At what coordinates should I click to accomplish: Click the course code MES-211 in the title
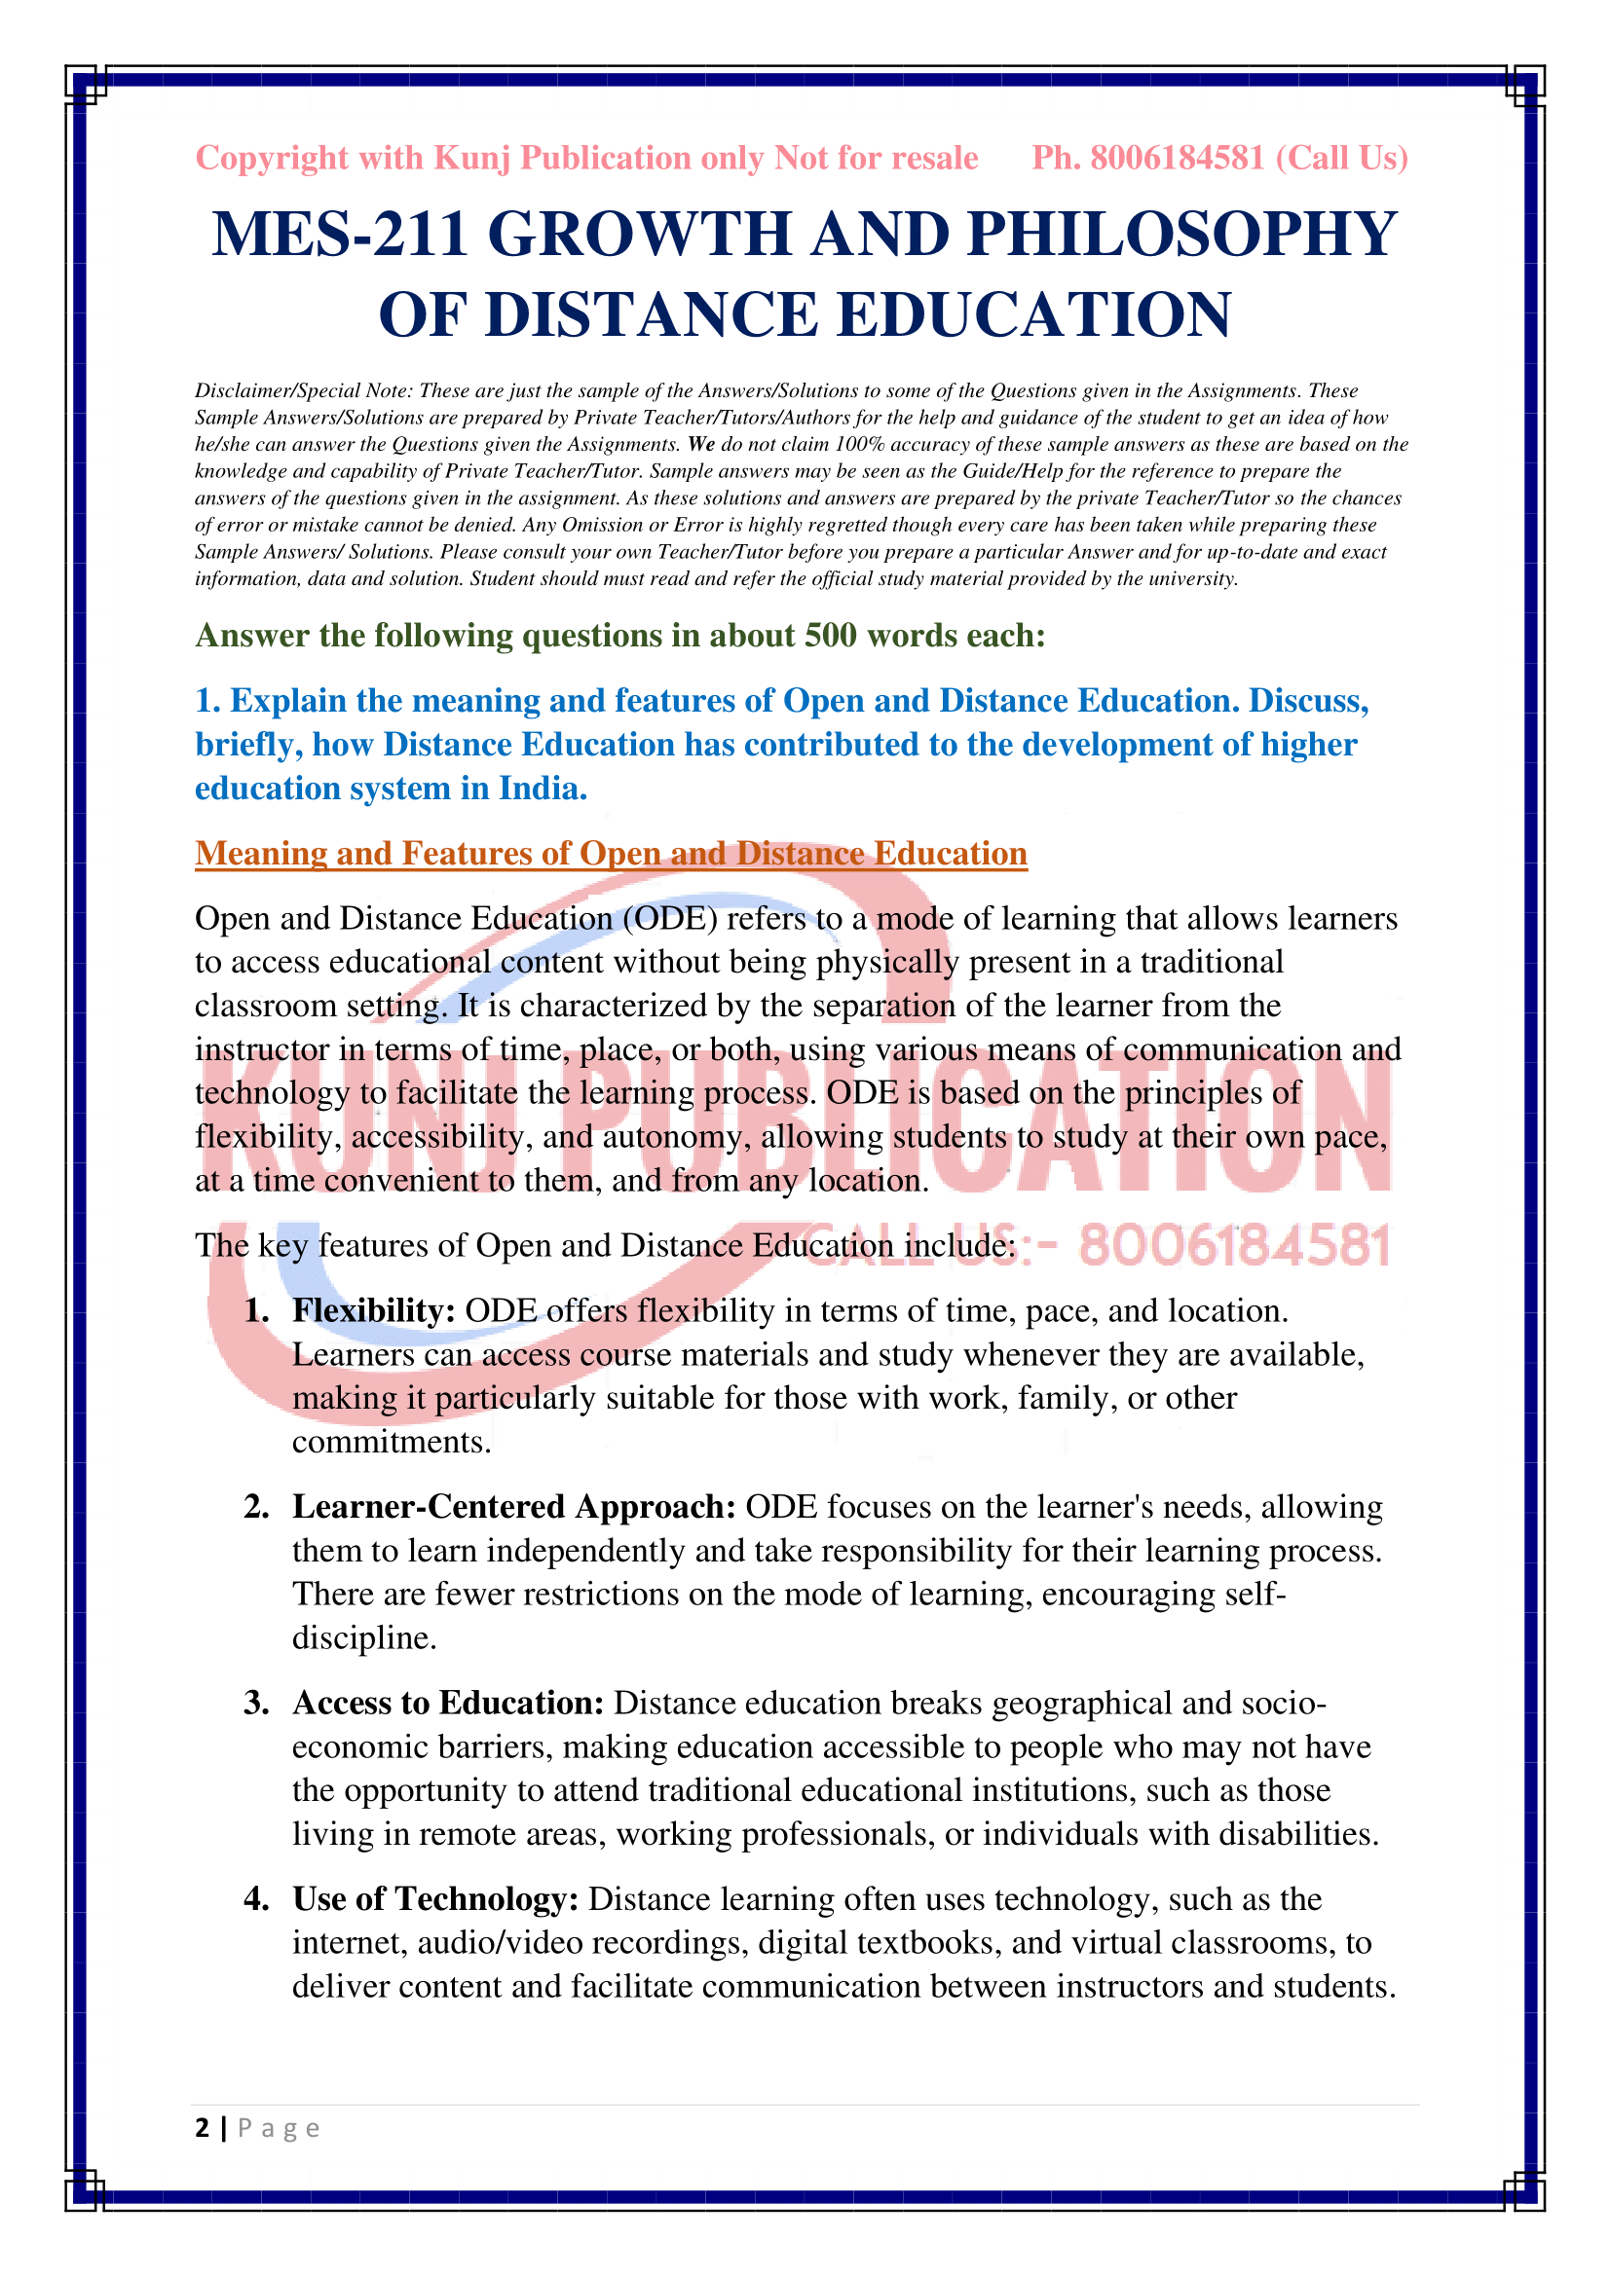coord(338,235)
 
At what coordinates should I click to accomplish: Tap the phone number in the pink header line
coord(1177,158)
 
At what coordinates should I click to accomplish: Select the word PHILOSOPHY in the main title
coord(1181,235)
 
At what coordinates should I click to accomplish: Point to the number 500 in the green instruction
coord(830,635)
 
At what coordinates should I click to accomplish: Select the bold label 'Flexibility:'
coord(373,1310)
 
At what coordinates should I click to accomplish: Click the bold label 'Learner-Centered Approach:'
coord(513,1506)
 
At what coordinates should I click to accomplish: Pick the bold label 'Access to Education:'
coord(447,1703)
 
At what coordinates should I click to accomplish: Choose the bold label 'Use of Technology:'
coord(434,1898)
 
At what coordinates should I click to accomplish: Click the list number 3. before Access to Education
coord(256,1703)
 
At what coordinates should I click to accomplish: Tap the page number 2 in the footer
coord(203,2128)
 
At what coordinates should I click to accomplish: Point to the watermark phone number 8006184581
coord(1235,1246)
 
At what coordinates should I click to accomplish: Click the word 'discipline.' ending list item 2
coord(364,1637)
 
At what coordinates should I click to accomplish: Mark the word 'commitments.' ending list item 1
coord(392,1441)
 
